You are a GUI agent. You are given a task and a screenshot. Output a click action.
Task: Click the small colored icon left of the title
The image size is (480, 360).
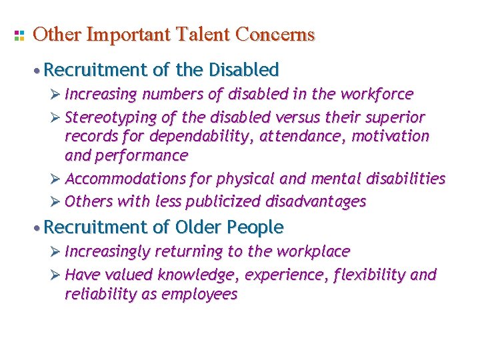point(19,35)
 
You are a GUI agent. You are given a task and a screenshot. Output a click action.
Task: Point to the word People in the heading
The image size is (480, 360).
point(256,227)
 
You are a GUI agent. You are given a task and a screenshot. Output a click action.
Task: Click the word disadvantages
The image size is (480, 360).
point(316,201)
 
